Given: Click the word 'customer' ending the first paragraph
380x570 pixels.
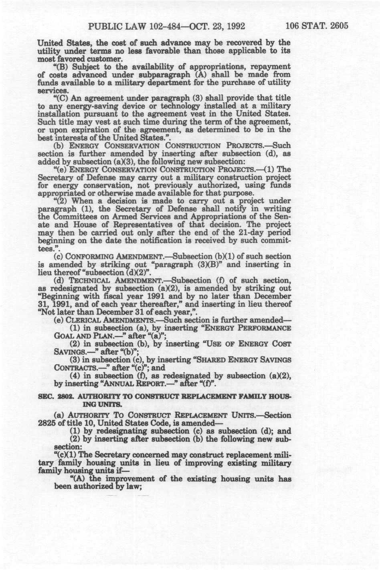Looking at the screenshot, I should (96, 59).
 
